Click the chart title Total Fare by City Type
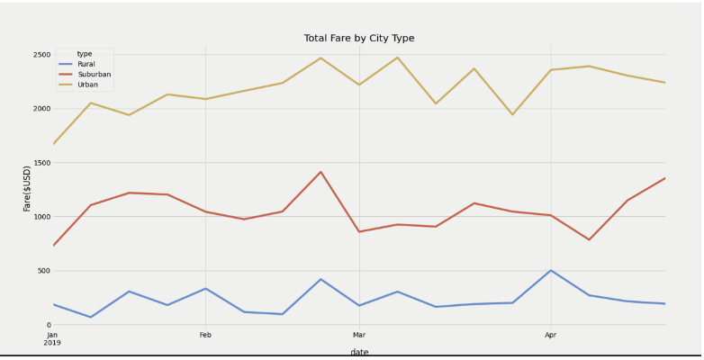tap(358, 38)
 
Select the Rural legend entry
tap(86, 64)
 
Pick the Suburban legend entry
tap(94, 74)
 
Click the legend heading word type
tap(85, 54)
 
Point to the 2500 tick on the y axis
tap(41, 55)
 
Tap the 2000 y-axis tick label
tap(41, 109)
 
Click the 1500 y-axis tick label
tap(41, 163)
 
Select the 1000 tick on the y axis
tap(41, 217)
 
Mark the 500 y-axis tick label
tap(42, 271)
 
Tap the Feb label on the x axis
tap(205, 335)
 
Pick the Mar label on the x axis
tap(359, 335)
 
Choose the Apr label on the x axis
tap(551, 335)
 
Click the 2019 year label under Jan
tap(52, 343)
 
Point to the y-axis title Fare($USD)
tap(27, 188)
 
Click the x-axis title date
tap(359, 352)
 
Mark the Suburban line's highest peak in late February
tap(320, 172)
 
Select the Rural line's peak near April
tap(551, 270)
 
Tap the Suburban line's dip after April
tap(589, 239)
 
